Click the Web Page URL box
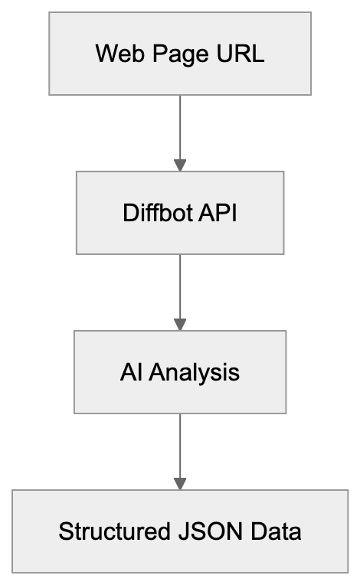[180, 54]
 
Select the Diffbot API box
[180, 212]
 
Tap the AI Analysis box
[180, 372]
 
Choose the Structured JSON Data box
[180, 531]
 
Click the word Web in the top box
[113, 54]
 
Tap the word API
[218, 213]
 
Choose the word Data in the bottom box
[273, 531]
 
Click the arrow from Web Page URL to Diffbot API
[180, 130]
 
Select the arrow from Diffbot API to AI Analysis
[180, 289]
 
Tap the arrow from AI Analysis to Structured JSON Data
[180, 449]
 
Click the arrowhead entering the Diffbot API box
[180, 165]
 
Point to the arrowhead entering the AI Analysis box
[180, 325]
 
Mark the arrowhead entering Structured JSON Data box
[180, 484]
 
